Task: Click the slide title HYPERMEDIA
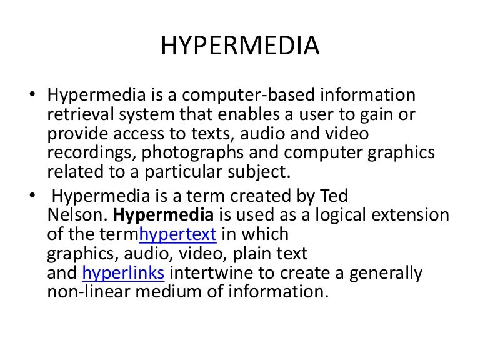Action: click(x=240, y=47)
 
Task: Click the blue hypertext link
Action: click(x=178, y=234)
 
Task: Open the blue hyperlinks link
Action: click(x=124, y=273)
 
